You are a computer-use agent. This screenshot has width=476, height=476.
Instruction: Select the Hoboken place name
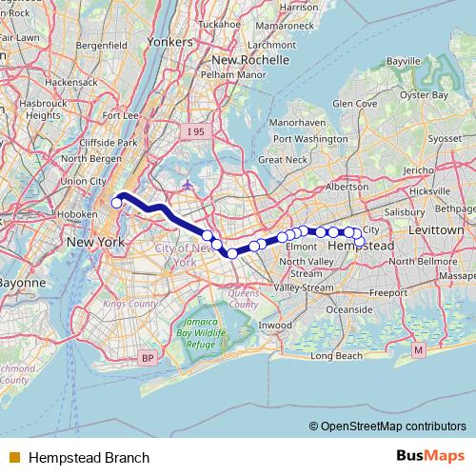click(x=84, y=214)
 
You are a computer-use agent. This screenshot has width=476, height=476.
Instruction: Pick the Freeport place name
click(x=387, y=292)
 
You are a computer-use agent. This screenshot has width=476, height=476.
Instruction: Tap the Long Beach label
click(x=337, y=356)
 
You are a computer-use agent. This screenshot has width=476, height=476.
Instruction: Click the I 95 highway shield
click(x=194, y=129)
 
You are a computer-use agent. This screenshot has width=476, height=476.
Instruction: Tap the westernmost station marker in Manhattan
click(x=117, y=202)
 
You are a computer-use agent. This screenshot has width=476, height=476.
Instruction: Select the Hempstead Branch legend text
click(x=89, y=458)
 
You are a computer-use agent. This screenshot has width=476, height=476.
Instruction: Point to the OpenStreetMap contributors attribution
click(x=387, y=426)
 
